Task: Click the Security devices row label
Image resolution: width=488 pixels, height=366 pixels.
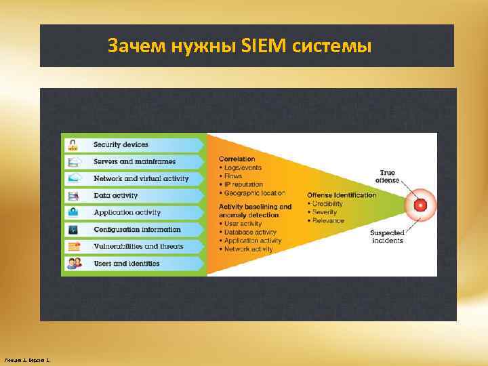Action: pos(121,144)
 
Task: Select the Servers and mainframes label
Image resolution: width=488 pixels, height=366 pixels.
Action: pos(134,161)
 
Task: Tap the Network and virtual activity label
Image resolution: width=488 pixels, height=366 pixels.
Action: pos(141,178)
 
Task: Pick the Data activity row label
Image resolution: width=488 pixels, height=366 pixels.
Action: pos(115,195)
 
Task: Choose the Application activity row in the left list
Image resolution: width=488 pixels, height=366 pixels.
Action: pos(127,212)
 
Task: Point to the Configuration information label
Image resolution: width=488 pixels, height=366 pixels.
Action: pos(137,229)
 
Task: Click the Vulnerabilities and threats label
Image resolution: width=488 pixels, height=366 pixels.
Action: pos(138,246)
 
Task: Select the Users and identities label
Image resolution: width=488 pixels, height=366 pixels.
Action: pos(127,263)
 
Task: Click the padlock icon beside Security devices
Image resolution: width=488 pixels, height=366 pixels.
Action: pos(73,144)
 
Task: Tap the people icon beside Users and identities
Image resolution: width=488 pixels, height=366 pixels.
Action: pos(73,263)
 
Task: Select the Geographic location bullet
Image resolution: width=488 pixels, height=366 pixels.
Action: pos(251,193)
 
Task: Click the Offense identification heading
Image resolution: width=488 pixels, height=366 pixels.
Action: pos(341,195)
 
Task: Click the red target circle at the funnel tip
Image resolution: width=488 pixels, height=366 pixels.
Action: pos(421,205)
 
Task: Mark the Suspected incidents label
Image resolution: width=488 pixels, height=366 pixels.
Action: pos(386,237)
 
